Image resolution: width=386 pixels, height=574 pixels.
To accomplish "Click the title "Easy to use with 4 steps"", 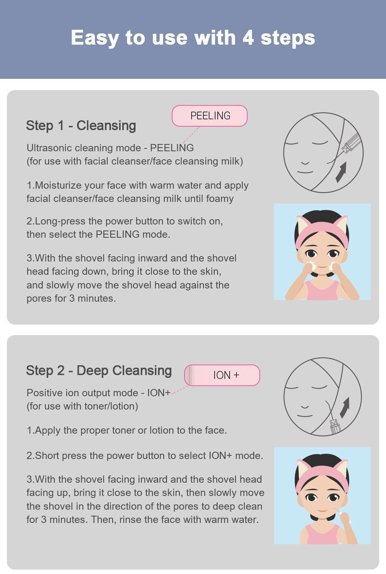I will [x=193, y=38].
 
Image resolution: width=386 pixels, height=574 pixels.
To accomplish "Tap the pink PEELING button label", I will [x=209, y=116].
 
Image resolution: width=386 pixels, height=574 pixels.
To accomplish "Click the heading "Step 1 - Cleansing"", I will [x=81, y=125].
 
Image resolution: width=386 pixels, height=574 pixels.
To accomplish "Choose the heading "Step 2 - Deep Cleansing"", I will [x=99, y=370].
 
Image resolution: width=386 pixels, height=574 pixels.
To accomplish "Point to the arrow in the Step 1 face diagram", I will [x=341, y=172].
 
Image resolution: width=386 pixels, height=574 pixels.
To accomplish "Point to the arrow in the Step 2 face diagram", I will [x=345, y=407].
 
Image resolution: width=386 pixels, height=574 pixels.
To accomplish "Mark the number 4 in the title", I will [x=248, y=38].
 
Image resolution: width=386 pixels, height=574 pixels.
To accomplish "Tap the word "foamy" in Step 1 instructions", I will [x=220, y=199].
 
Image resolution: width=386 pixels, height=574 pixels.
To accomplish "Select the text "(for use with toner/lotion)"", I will [x=82, y=406].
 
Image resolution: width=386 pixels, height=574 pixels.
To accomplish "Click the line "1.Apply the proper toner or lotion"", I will [x=127, y=430].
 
